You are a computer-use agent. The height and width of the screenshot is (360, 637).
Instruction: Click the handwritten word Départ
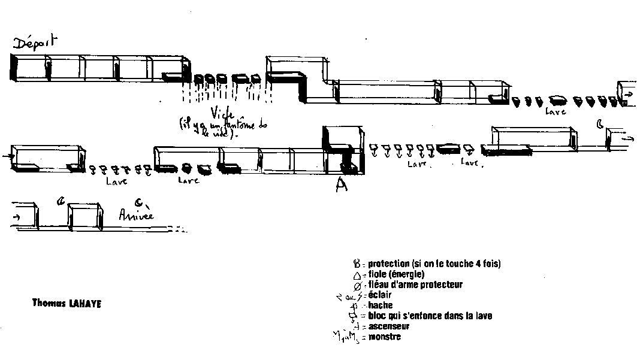click(35, 43)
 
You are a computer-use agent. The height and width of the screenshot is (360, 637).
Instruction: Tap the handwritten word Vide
click(222, 113)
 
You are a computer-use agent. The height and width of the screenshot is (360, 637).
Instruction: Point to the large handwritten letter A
click(341, 186)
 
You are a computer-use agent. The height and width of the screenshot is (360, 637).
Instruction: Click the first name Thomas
click(47, 304)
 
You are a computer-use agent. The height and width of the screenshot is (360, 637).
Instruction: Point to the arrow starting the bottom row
click(16, 217)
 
